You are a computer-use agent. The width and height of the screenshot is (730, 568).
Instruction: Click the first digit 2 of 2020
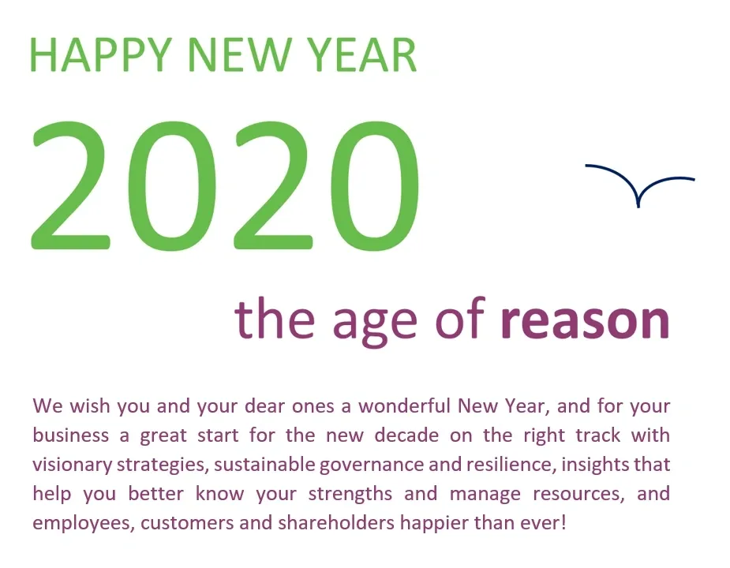pyautogui.click(x=71, y=185)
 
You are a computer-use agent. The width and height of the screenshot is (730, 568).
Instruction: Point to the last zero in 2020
pyautogui.click(x=376, y=185)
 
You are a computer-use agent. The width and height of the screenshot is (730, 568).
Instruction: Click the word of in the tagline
pyautogui.click(x=460, y=317)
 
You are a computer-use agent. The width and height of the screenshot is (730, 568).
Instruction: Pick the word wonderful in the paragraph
pyautogui.click(x=405, y=406)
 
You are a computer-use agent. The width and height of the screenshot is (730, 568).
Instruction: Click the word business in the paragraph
pyautogui.click(x=71, y=435)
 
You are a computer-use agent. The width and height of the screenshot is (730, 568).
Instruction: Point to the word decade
pyautogui.click(x=406, y=435)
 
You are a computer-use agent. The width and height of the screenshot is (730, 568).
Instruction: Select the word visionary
pyautogui.click(x=72, y=465)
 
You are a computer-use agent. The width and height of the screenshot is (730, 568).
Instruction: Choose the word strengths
pyautogui.click(x=350, y=495)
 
